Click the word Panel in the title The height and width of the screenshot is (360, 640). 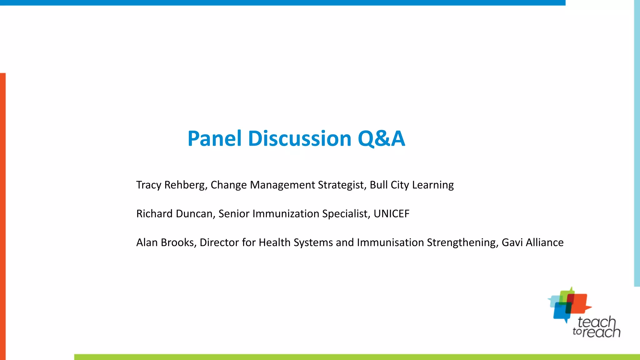click(215, 138)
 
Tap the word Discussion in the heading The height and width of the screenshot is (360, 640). click(300, 138)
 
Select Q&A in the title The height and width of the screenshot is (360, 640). click(381, 138)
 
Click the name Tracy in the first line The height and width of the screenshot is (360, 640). click(149, 185)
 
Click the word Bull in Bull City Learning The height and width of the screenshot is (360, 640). click(378, 185)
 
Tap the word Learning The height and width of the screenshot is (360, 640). click(433, 185)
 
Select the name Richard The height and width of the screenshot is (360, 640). click(154, 214)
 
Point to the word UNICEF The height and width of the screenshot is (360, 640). click(391, 214)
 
